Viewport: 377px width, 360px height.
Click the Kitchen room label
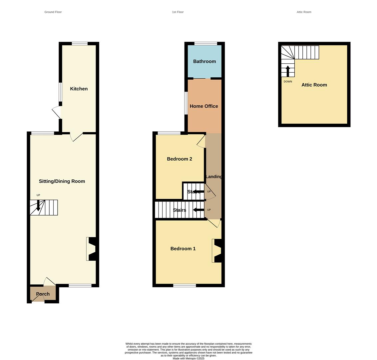click(x=79, y=89)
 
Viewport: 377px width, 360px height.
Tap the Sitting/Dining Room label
click(x=62, y=181)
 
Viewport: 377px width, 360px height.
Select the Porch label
click(x=43, y=294)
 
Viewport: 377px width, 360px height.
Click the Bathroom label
click(x=204, y=61)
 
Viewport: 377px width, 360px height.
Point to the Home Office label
click(x=204, y=106)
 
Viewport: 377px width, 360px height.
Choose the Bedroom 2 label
click(x=180, y=159)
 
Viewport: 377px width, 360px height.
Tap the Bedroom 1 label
click(x=183, y=249)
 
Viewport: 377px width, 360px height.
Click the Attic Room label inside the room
click(x=314, y=85)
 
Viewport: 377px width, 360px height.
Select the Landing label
click(x=214, y=177)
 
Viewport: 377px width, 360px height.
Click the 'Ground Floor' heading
click(x=53, y=12)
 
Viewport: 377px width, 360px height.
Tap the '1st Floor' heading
click(x=178, y=12)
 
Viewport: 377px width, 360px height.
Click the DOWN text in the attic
click(x=288, y=82)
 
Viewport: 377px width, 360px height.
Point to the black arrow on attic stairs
click(x=288, y=71)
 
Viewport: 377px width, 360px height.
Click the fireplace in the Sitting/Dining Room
click(x=91, y=249)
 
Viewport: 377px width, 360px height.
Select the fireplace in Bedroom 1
click(x=217, y=251)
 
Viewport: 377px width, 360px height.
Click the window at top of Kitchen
click(x=80, y=43)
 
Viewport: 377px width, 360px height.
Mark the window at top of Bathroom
click(x=206, y=43)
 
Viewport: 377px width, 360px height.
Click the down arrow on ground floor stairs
click(x=38, y=205)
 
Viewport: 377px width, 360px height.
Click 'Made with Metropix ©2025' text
click(x=188, y=358)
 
